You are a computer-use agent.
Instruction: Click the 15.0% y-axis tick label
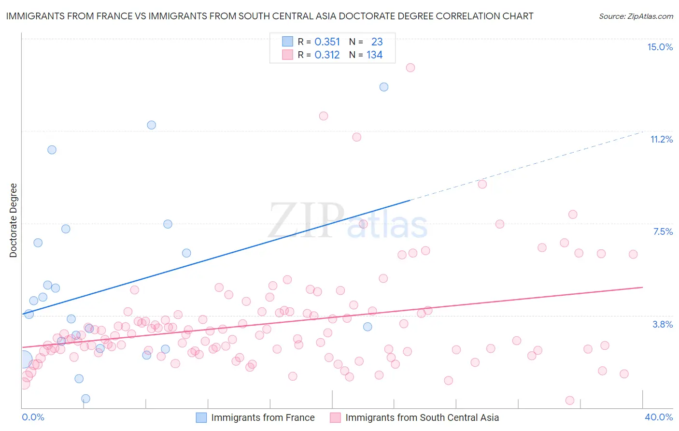point(660,47)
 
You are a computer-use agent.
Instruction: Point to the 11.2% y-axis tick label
point(661,139)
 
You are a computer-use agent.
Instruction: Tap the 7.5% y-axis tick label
point(663,231)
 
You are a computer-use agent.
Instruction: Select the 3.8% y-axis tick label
point(663,324)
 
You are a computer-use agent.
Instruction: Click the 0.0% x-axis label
point(33,417)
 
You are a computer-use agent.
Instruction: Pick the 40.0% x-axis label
point(659,417)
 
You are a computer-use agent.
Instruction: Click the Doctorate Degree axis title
point(13,220)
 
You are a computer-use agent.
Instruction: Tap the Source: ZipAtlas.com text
point(636,16)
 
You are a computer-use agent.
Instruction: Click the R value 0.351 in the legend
point(327,42)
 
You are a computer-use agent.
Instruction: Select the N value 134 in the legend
point(374,55)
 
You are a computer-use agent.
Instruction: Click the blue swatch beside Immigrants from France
point(201,417)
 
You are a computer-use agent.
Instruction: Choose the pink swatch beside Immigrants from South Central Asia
point(335,417)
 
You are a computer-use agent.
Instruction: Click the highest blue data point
point(384,87)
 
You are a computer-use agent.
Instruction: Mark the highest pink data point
point(410,68)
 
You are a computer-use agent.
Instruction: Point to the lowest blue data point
point(85,399)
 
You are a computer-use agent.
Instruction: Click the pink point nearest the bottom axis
point(570,401)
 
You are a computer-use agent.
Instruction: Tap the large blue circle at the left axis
point(23,360)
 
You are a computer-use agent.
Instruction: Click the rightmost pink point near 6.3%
point(633,254)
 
